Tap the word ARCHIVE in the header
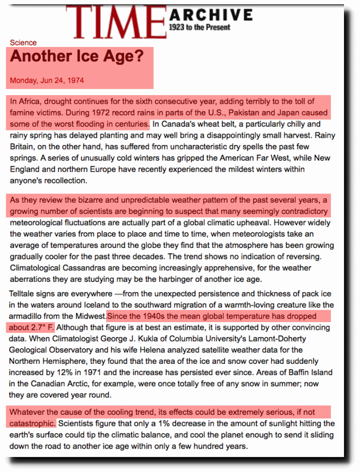click(211, 15)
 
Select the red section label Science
click(23, 43)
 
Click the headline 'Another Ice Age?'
click(77, 56)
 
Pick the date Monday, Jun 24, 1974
click(47, 80)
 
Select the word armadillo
click(27, 316)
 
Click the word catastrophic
click(32, 423)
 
